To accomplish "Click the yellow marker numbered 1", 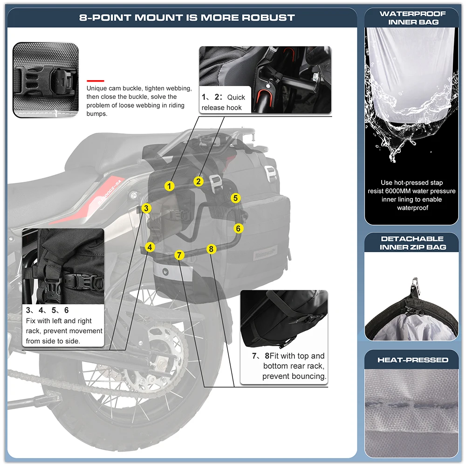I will coord(170,186).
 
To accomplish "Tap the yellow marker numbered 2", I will coord(199,181).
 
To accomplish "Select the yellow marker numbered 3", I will coord(146,208).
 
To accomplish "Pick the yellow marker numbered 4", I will coord(150,247).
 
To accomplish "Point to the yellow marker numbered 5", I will coord(236,198).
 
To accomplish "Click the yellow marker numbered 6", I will coord(238,228).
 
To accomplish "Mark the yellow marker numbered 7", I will coord(180,255).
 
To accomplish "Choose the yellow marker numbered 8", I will coord(211,249).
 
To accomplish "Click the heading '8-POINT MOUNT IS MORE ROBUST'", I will coord(187,18).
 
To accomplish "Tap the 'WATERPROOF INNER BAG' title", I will coord(412,18).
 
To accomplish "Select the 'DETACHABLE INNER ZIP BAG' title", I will coord(412,243).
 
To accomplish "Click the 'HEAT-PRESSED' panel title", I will coord(412,360).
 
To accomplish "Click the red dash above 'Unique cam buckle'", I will coord(95,80).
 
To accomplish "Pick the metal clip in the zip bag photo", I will coord(413,285).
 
